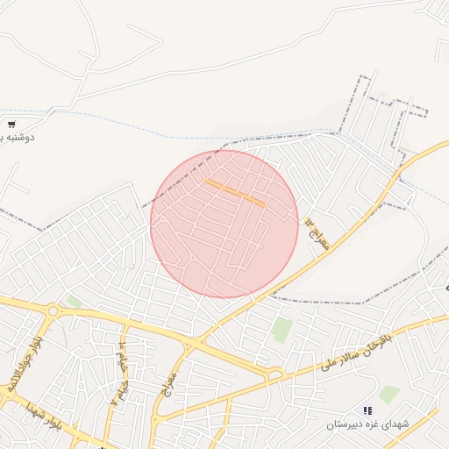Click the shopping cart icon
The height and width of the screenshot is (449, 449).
(11, 125)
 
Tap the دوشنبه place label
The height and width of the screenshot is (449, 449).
(21, 138)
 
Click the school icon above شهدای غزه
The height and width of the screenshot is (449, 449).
(368, 410)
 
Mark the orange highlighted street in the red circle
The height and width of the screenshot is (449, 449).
(236, 193)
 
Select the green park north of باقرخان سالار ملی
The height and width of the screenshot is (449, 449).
(282, 330)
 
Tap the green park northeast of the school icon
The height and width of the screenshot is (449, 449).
(389, 394)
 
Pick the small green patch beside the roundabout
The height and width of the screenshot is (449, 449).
(74, 302)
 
